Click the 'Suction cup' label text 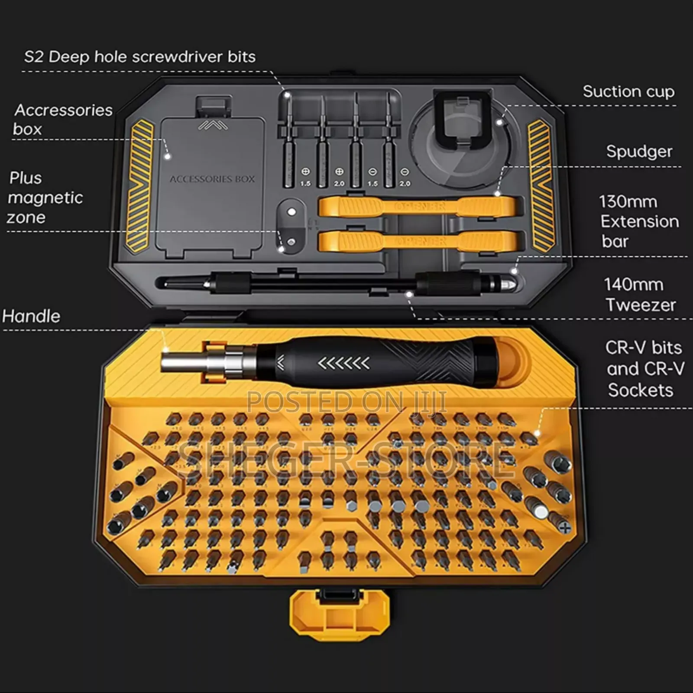pyautogui.click(x=628, y=92)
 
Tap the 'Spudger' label pyautogui.click(x=639, y=152)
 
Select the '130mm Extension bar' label pyautogui.click(x=639, y=221)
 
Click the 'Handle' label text pyautogui.click(x=31, y=316)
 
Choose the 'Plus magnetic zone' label pyautogui.click(x=45, y=198)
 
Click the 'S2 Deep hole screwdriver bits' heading pyautogui.click(x=139, y=57)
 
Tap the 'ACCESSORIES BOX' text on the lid pyautogui.click(x=212, y=179)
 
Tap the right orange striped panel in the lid pyautogui.click(x=540, y=186)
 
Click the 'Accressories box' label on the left pyautogui.click(x=63, y=119)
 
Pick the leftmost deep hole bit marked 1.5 pyautogui.click(x=288, y=143)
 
